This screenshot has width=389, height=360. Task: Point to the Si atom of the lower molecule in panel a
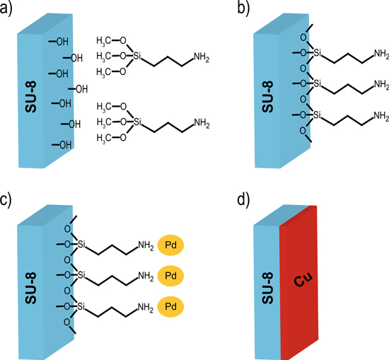point(137,123)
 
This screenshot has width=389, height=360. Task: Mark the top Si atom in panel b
point(317,54)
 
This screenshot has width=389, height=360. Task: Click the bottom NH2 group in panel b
point(381,115)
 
